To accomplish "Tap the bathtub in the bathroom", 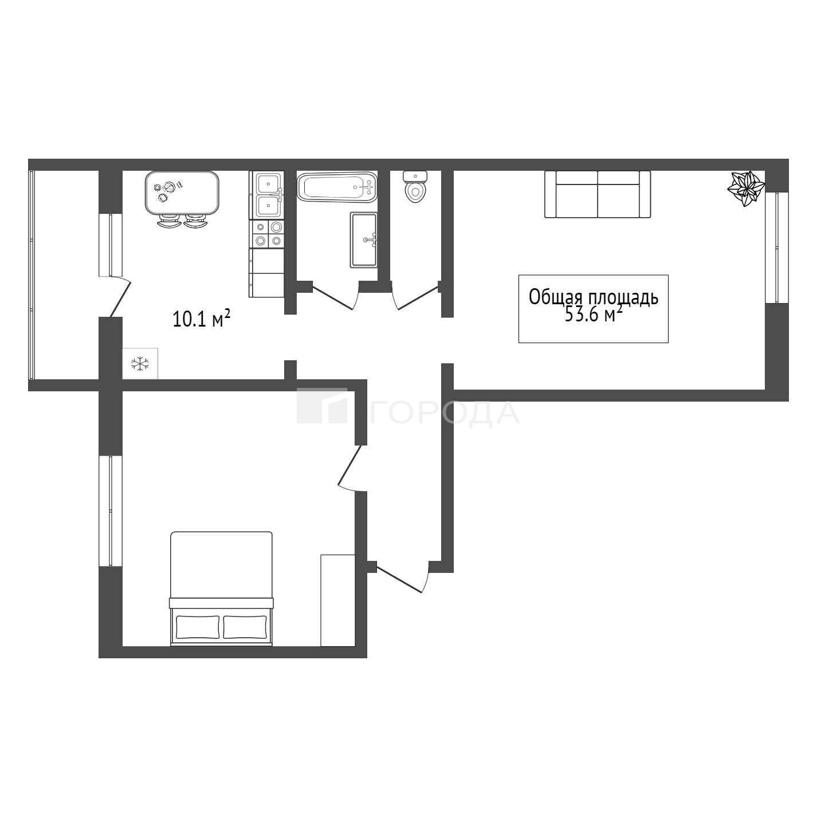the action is point(337,187).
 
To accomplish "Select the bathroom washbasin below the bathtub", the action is point(363,240).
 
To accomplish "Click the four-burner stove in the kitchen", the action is point(268,234).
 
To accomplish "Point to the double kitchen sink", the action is point(268,195).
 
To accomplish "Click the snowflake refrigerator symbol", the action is point(140,363).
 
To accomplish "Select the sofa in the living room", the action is point(598,194).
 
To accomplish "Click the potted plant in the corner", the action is point(746,188).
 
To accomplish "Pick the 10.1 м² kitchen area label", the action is point(202,318).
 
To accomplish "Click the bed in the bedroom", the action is point(221,589).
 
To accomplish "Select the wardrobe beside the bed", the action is point(337,600).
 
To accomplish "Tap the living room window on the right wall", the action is point(777,248).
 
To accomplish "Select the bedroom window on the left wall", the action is point(111,511).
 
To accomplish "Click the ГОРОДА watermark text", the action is point(445,413).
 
